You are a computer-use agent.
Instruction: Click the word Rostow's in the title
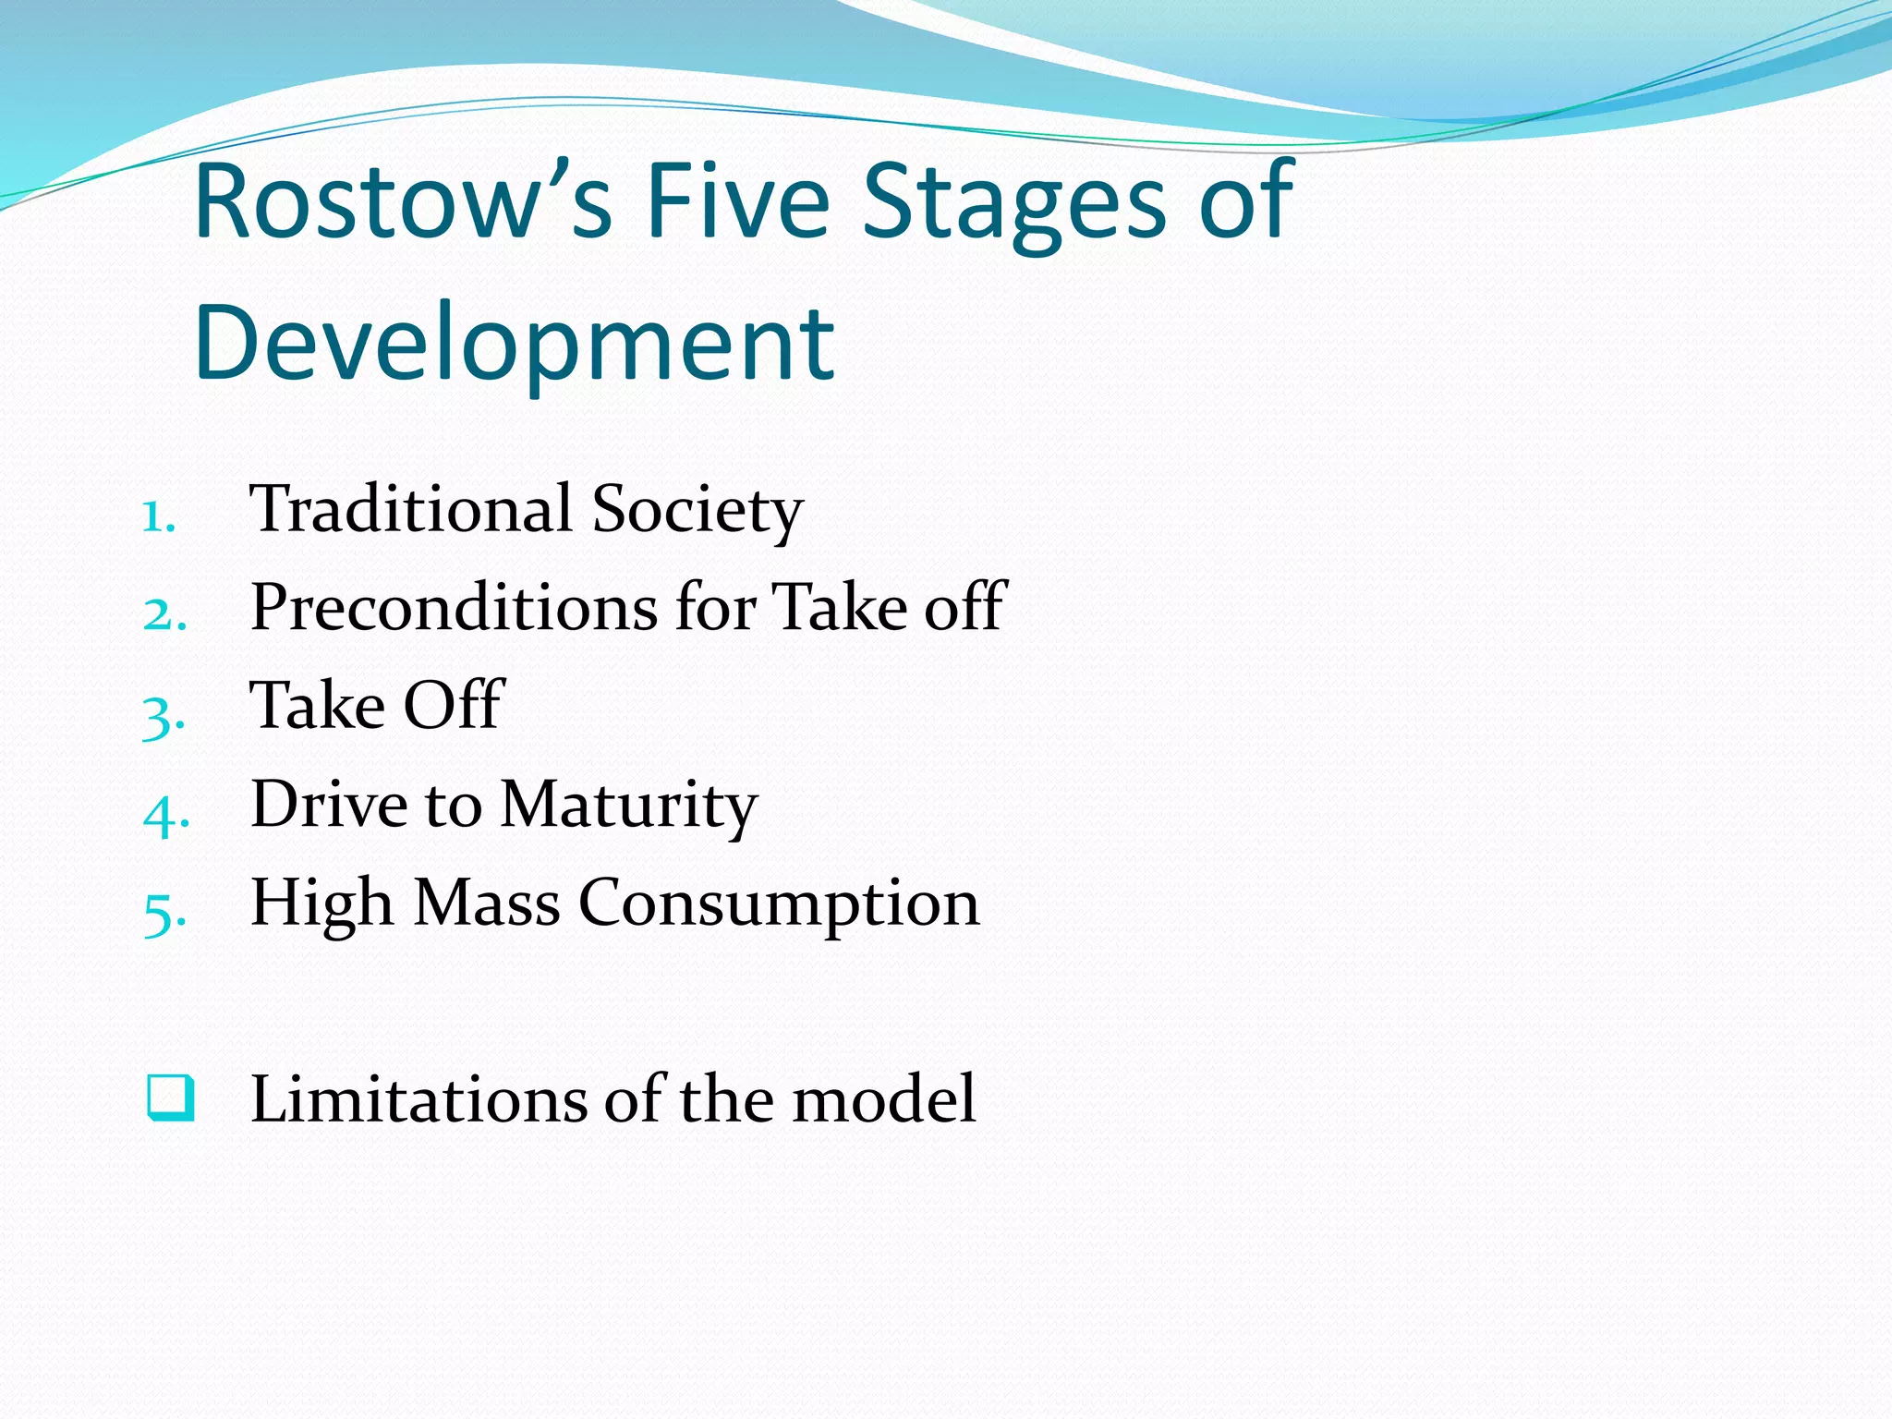pyautogui.click(x=403, y=201)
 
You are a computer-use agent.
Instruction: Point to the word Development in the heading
pyautogui.click(x=515, y=344)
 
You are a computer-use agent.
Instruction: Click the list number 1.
pyautogui.click(x=158, y=516)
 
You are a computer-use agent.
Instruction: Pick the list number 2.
pyautogui.click(x=164, y=614)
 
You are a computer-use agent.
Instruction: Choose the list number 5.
pyautogui.click(x=164, y=913)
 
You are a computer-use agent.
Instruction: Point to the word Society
pyautogui.click(x=697, y=511)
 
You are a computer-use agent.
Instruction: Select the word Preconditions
pyautogui.click(x=454, y=608)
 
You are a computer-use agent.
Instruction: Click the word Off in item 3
pyautogui.click(x=455, y=705)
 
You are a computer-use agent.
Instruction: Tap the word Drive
pyautogui.click(x=328, y=804)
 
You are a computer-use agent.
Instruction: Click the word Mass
pyautogui.click(x=486, y=903)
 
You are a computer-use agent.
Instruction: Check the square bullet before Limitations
pyautogui.click(x=171, y=1098)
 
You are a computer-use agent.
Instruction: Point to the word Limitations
pyautogui.click(x=418, y=1099)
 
